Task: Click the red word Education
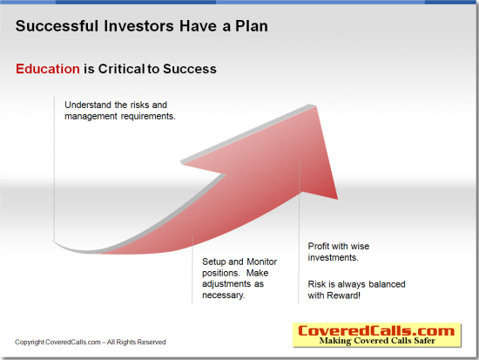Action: [48, 69]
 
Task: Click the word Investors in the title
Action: [139, 26]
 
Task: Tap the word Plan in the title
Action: [252, 26]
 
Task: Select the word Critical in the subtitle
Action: [121, 69]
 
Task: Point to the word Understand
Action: [88, 105]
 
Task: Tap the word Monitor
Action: [262, 262]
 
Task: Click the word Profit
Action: [318, 246]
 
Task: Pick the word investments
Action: [333, 257]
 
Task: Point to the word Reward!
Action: [343, 295]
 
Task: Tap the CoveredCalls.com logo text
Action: [376, 330]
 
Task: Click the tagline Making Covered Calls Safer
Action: [377, 341]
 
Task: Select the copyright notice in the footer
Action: [90, 342]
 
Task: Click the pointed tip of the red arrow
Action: [316, 106]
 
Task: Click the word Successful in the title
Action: [57, 26]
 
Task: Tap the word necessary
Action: [223, 295]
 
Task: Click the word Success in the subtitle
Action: [190, 69]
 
